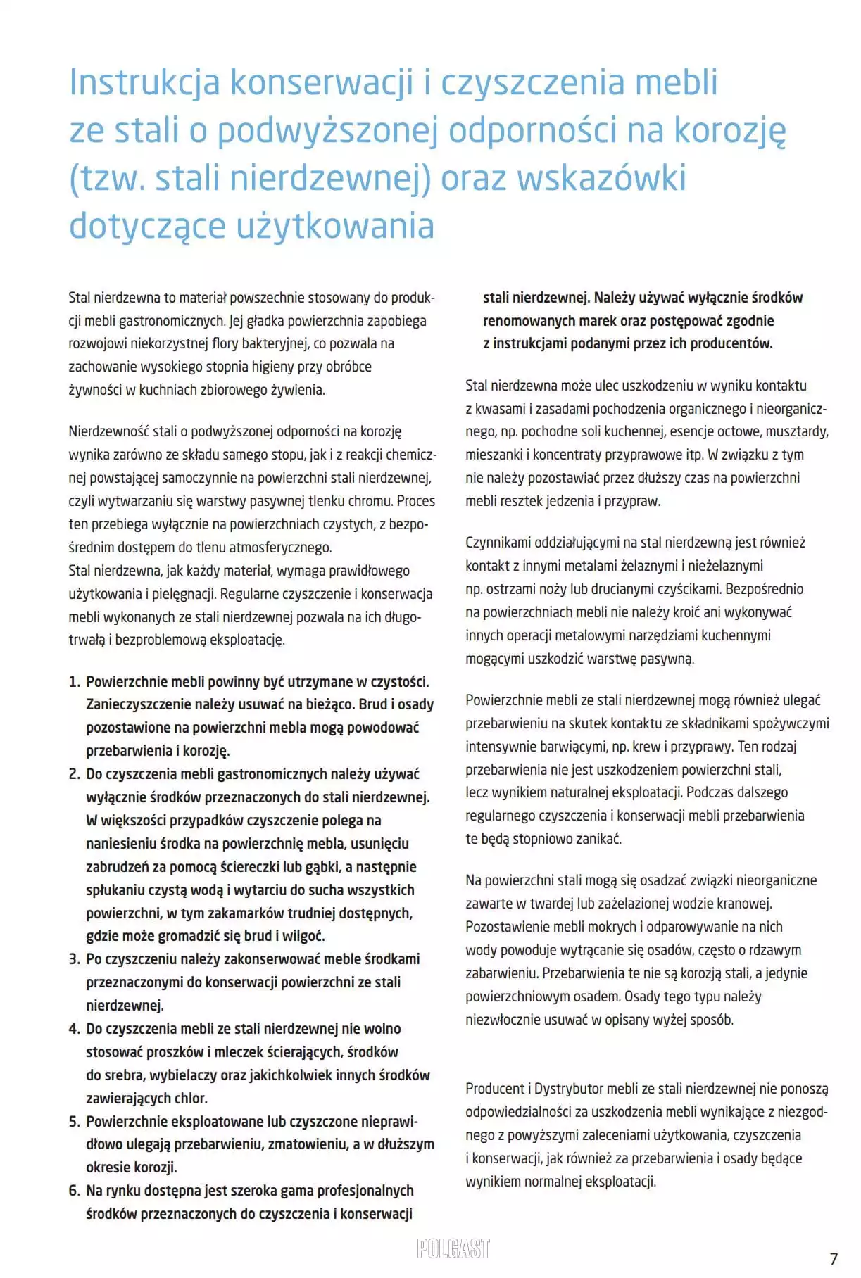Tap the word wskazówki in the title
[x=602, y=178]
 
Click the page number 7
[x=834, y=1258]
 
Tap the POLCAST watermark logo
[x=453, y=1248]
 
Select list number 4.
[x=74, y=1029]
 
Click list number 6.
[x=74, y=1191]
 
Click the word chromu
[x=370, y=501]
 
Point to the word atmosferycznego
[x=280, y=548]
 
